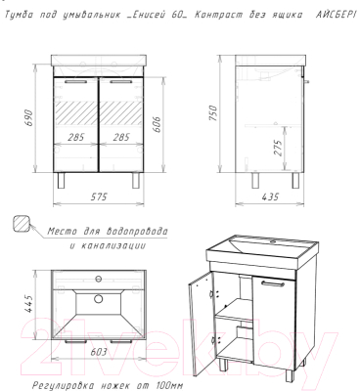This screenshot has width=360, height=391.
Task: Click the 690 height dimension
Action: (x=28, y=118)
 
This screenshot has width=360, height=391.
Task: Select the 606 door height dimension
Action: (x=156, y=124)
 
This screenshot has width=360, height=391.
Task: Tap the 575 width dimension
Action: (x=99, y=196)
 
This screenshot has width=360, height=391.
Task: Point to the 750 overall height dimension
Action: (x=212, y=112)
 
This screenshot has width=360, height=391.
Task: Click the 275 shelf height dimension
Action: (x=278, y=149)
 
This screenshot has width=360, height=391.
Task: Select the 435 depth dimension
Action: (x=270, y=196)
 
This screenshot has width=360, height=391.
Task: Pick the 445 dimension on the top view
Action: (x=29, y=304)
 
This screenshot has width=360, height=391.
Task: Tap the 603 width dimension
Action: (x=98, y=352)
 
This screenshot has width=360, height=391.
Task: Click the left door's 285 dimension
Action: (x=76, y=137)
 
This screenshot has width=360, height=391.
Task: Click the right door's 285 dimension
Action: (x=121, y=137)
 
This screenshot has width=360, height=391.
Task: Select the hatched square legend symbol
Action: (x=22, y=224)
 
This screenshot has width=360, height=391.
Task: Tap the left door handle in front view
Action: (x=75, y=82)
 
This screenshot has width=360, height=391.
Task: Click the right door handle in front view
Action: (x=121, y=82)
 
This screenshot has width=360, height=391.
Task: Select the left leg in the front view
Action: (x=61, y=180)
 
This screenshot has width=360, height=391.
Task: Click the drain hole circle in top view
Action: (x=98, y=298)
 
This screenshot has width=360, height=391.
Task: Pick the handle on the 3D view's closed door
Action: (x=272, y=284)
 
